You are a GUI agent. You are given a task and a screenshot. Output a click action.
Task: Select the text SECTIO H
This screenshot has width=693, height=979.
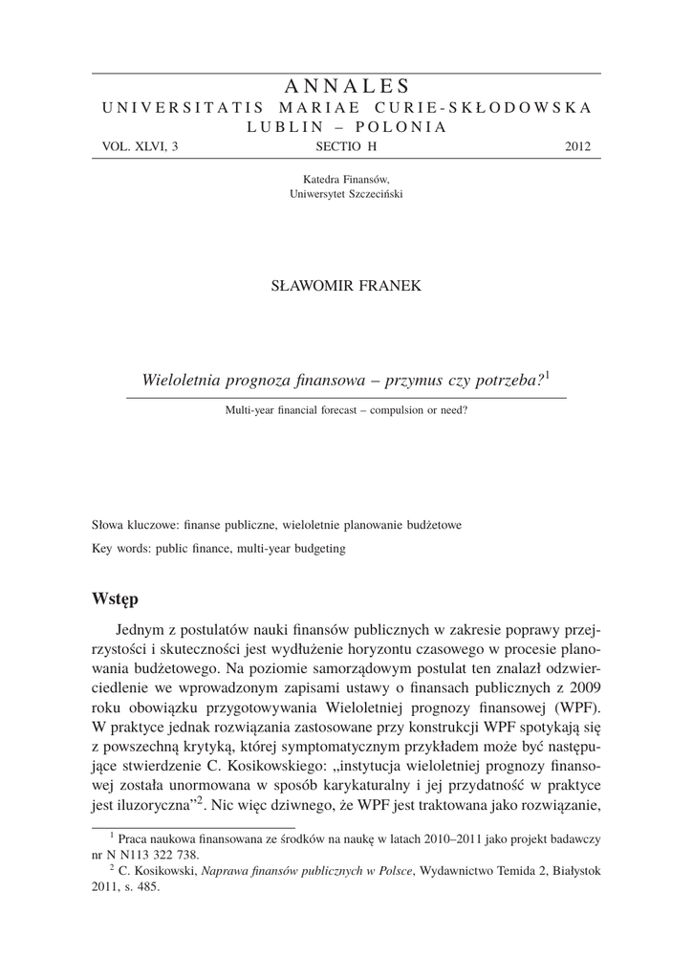coord(346,146)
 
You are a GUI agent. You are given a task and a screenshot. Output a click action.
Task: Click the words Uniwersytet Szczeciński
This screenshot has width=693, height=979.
coord(346,193)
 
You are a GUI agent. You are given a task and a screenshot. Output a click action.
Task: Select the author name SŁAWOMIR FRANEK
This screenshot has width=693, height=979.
coord(346,286)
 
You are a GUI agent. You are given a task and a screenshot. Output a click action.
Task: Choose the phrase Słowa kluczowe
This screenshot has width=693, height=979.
coord(130,525)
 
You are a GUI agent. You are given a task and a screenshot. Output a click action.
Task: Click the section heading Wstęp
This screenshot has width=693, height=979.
coord(116,599)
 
